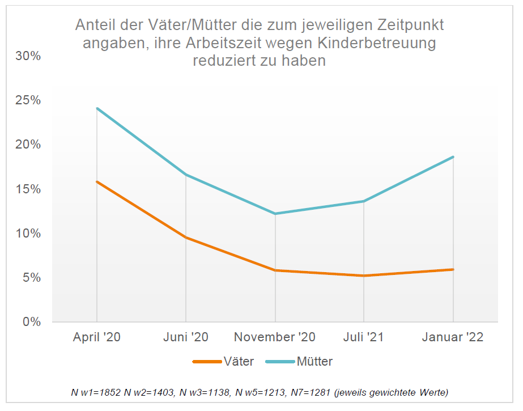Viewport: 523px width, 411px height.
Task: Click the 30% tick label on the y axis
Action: [x=28, y=56]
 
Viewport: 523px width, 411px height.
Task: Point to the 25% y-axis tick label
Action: [x=28, y=100]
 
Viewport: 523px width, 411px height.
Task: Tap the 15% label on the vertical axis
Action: [x=28, y=189]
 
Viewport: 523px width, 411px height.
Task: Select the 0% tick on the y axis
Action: [x=32, y=322]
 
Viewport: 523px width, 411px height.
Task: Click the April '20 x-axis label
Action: [x=97, y=337]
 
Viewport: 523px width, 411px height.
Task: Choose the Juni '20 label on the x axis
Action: [x=186, y=337]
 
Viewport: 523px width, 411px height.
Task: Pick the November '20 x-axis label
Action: [x=275, y=337]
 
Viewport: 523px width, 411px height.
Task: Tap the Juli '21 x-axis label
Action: [x=364, y=337]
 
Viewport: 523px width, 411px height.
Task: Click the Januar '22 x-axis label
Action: [x=453, y=337]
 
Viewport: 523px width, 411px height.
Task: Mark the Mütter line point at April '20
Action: [x=97, y=108]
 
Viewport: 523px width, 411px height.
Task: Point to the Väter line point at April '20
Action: [x=97, y=181]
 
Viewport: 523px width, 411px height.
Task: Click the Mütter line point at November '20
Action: [x=275, y=214]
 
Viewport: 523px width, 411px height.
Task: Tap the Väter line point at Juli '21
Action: [x=364, y=276]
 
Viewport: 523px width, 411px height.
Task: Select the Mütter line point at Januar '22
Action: [x=453, y=157]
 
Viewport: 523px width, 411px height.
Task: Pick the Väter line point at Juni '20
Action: [x=186, y=237]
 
